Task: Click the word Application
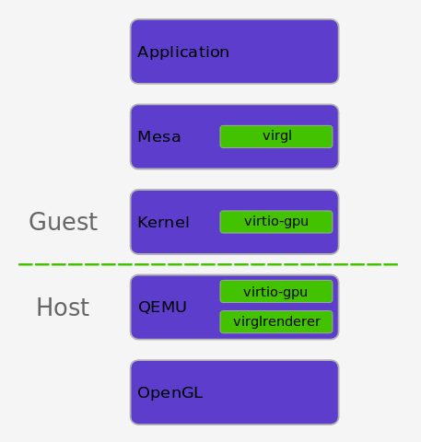pos(183,52)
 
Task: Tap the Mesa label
pos(159,137)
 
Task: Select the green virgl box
pos(276,136)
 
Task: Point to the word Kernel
pos(163,222)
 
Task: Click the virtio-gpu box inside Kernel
pos(276,222)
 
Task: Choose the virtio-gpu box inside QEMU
pos(276,292)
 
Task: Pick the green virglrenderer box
pos(276,321)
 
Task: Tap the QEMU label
pos(162,307)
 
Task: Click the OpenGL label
pos(170,393)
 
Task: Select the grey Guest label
pos(64,221)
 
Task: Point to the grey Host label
pos(63,307)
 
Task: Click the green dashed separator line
pos(208,264)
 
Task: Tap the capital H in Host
pos(44,307)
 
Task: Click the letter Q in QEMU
pos(145,308)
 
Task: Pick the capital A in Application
pos(144,52)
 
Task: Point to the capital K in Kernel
pos(143,222)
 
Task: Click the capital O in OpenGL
pos(144,393)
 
